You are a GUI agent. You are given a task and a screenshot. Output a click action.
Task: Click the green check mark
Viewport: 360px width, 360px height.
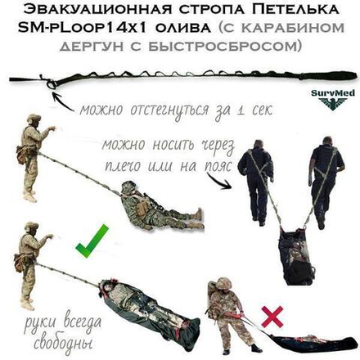pyautogui.click(x=92, y=242)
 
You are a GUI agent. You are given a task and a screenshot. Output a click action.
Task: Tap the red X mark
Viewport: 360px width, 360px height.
pyautogui.click(x=272, y=317)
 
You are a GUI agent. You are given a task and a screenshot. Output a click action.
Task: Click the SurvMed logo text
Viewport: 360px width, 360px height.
pyautogui.click(x=333, y=93)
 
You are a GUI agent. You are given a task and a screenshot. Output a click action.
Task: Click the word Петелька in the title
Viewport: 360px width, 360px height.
pyautogui.click(x=295, y=10)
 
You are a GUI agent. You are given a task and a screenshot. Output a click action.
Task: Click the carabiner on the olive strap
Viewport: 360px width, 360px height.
pyautogui.click(x=51, y=83)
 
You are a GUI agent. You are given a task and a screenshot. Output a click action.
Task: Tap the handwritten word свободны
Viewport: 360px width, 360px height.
pyautogui.click(x=63, y=341)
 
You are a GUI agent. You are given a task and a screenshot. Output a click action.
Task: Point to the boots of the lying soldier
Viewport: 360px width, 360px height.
pyautogui.click(x=196, y=219)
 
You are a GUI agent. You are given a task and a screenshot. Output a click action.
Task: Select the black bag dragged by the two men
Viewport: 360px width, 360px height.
pyautogui.click(x=296, y=256)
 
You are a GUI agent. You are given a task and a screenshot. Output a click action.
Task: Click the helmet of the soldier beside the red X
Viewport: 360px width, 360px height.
pyautogui.click(x=223, y=284)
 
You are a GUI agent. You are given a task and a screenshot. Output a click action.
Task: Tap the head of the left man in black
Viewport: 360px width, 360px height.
pyautogui.click(x=259, y=145)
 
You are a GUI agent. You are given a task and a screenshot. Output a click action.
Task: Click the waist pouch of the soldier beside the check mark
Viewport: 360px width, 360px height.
pyautogui.click(x=20, y=263)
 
